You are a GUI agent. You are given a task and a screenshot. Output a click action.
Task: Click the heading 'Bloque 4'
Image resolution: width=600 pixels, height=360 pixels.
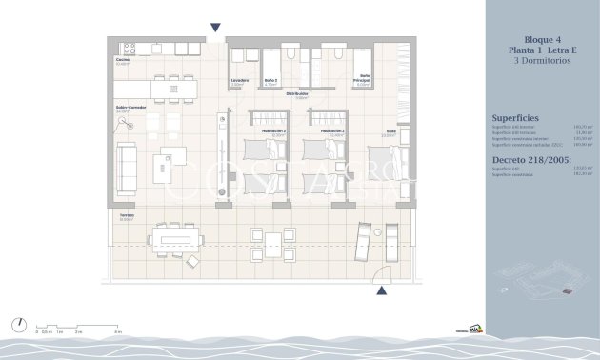tap(539, 37)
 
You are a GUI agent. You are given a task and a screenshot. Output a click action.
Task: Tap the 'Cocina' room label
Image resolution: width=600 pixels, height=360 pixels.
tap(123, 60)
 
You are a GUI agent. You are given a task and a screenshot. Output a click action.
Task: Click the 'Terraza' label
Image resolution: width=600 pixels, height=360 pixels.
tap(127, 216)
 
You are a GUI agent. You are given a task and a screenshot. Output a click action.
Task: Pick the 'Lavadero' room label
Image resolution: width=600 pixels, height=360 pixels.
tap(239, 80)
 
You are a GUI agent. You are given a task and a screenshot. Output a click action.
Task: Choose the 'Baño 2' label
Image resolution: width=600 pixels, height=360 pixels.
tap(270, 80)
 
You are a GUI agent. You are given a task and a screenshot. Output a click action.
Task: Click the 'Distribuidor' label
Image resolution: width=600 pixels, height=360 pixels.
tap(297, 93)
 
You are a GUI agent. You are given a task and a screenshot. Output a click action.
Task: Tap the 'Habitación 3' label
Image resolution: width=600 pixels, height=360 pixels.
tap(275, 130)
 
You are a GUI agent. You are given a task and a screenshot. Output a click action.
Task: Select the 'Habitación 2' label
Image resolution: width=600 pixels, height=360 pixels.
tap(331, 130)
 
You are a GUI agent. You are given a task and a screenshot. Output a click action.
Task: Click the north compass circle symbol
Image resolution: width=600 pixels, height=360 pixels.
tap(19, 325)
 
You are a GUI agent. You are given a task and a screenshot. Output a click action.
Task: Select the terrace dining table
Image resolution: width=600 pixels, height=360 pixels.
tap(176, 235)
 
